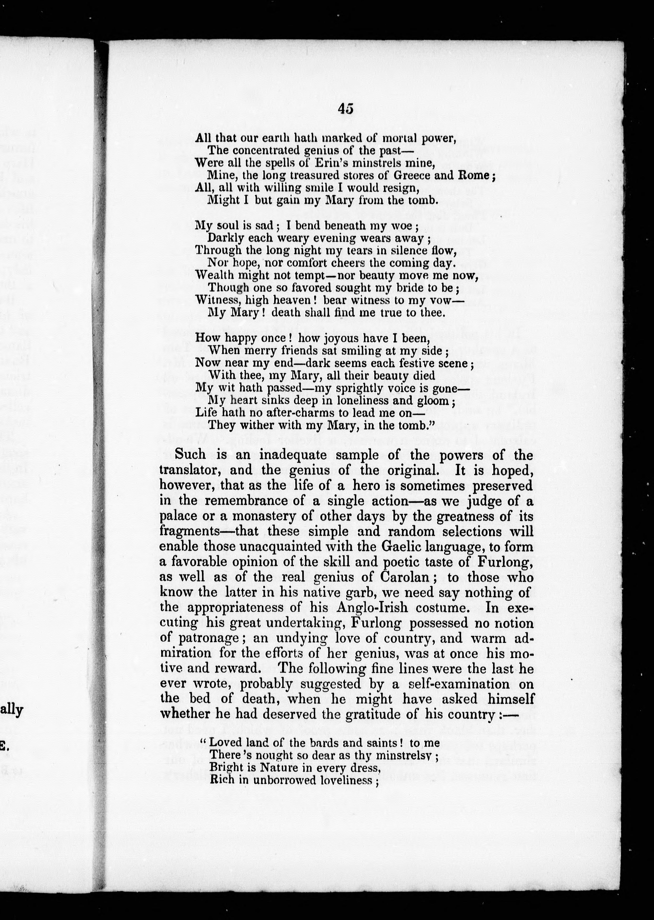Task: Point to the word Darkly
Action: point(228,238)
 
